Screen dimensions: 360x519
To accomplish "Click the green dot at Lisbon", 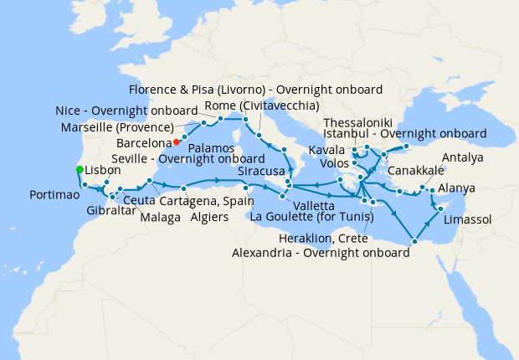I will click(80, 170).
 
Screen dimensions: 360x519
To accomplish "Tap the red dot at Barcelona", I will click(177, 141).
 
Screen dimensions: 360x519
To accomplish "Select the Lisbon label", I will click(104, 169).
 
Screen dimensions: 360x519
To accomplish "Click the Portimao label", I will click(53, 194).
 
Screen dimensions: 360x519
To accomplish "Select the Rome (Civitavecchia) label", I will click(256, 105).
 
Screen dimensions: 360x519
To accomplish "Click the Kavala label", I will click(326, 149).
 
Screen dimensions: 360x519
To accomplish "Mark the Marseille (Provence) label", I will click(117, 127).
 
